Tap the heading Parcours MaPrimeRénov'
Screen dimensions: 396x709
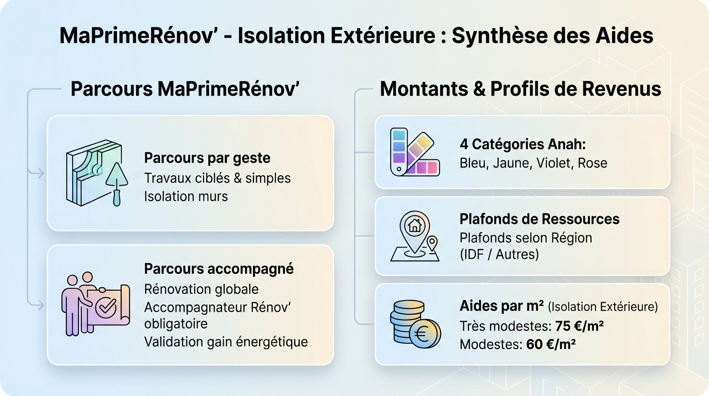click(185, 89)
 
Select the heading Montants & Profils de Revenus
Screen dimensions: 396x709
click(520, 89)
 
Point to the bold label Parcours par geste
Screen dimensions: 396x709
click(207, 157)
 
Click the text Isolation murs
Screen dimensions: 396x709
click(186, 196)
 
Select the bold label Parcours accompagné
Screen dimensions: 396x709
click(219, 269)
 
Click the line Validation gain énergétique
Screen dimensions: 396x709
click(226, 341)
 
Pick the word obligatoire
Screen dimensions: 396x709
click(176, 324)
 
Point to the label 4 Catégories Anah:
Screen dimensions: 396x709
click(522, 144)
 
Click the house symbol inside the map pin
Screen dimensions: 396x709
click(413, 225)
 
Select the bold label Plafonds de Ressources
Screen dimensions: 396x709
click(539, 219)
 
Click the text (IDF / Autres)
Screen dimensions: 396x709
click(499, 254)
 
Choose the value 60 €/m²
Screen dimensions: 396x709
click(551, 344)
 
